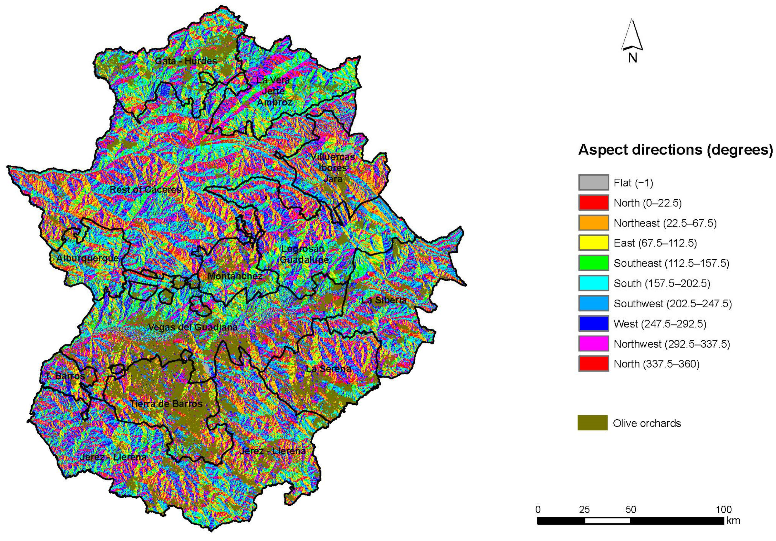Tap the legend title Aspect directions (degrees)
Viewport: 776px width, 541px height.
point(675,150)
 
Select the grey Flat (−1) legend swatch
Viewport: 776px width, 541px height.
point(593,182)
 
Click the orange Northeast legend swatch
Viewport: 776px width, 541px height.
point(593,223)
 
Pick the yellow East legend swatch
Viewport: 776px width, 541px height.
point(593,243)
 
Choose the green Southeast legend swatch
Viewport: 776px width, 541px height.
point(593,263)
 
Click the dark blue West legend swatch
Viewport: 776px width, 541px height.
point(593,324)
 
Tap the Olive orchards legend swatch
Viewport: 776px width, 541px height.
point(592,423)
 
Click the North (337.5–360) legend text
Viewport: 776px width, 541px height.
point(656,364)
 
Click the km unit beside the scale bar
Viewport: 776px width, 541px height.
point(733,520)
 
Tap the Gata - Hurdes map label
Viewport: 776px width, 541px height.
point(186,61)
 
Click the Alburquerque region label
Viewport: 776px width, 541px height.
point(88,258)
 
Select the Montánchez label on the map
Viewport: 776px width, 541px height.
point(235,276)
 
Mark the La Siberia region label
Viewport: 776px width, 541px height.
point(384,300)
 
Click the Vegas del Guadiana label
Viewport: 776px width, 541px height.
point(193,327)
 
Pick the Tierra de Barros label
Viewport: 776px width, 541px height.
point(166,404)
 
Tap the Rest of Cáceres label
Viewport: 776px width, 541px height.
point(145,190)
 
